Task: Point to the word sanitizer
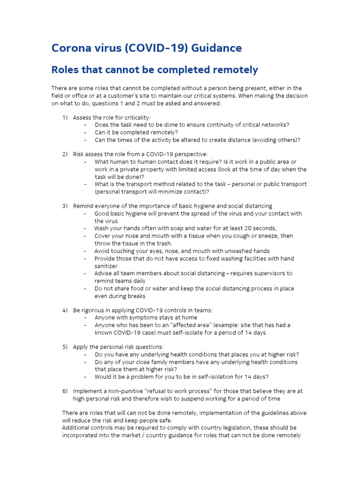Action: (106, 266)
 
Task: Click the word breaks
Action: (135, 296)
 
